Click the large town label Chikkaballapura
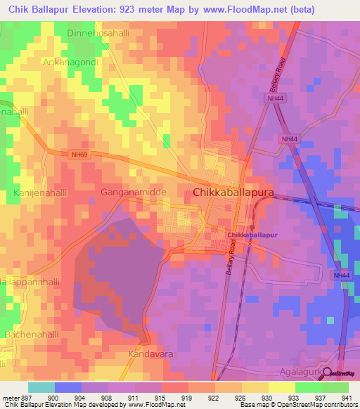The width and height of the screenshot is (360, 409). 233,192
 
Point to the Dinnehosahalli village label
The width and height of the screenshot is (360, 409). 99,33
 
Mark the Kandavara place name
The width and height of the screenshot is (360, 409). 150,355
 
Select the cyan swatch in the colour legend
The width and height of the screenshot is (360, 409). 41,387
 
